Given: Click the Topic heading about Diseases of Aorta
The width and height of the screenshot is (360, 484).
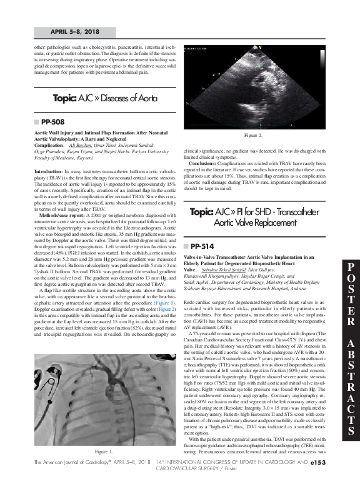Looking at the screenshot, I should [x=105, y=99].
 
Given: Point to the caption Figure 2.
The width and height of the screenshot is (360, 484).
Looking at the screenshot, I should [x=252, y=134].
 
